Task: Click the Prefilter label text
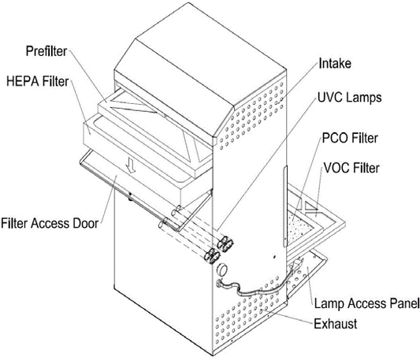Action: [x=46, y=51]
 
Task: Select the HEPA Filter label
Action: [x=38, y=81]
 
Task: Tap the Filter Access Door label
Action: [x=50, y=223]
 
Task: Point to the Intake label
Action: [x=335, y=64]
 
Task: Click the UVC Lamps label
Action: [x=349, y=97]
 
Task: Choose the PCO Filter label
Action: [x=350, y=138]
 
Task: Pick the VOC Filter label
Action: [x=351, y=168]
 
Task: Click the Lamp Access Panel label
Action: [x=366, y=304]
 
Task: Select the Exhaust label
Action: [x=336, y=324]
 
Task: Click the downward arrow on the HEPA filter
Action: [x=132, y=165]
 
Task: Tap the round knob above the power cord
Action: [x=222, y=269]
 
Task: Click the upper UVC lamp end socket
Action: [x=225, y=243]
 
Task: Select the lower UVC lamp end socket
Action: [x=212, y=256]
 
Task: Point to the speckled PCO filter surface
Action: [x=299, y=227]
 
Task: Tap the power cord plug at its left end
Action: [x=220, y=282]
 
